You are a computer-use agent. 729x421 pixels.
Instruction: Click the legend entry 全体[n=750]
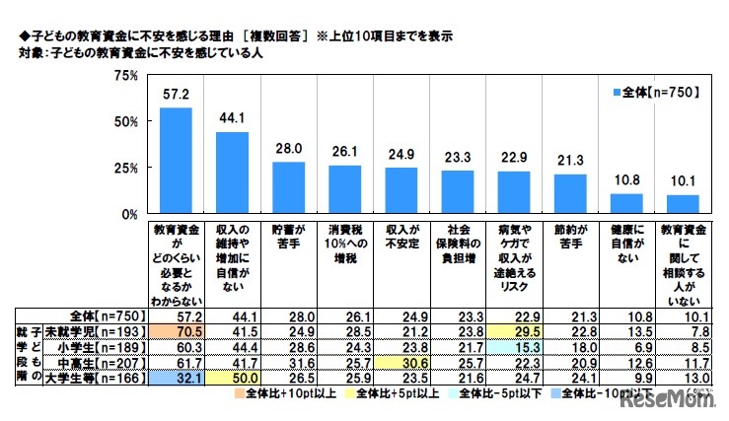(x=654, y=92)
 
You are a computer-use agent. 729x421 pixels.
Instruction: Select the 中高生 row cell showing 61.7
(x=176, y=362)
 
